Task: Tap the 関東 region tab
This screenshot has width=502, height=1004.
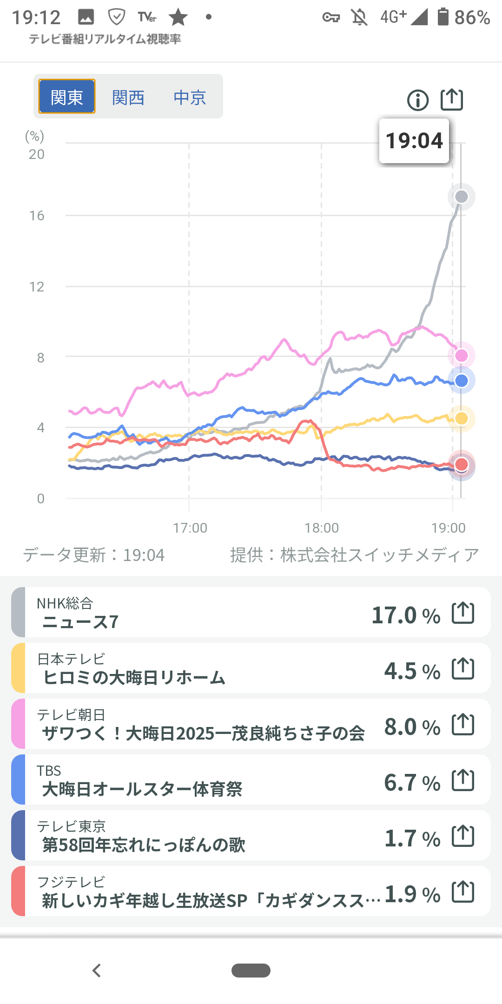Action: pyautogui.click(x=67, y=97)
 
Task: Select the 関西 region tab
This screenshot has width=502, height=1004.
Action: pyautogui.click(x=128, y=97)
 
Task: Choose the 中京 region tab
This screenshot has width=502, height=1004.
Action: pyautogui.click(x=190, y=97)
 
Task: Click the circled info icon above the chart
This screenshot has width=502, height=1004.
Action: pyautogui.click(x=418, y=100)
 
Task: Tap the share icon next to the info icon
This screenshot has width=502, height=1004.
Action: pyautogui.click(x=452, y=99)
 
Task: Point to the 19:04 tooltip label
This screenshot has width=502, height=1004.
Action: pyautogui.click(x=414, y=141)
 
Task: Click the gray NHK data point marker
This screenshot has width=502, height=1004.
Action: pyautogui.click(x=461, y=197)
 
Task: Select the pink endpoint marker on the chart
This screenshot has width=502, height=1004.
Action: pyautogui.click(x=461, y=356)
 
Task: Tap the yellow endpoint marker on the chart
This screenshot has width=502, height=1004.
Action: pyautogui.click(x=461, y=418)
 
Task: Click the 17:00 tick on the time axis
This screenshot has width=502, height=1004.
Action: pyautogui.click(x=190, y=528)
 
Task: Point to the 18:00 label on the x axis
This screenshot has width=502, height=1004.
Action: pyautogui.click(x=322, y=528)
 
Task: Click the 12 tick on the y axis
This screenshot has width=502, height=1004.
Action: pyautogui.click(x=37, y=287)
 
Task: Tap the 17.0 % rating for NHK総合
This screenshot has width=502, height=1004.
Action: pyautogui.click(x=406, y=615)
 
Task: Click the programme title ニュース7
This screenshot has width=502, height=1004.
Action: pyautogui.click(x=81, y=622)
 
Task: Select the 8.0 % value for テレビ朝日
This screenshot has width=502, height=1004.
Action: pyautogui.click(x=412, y=727)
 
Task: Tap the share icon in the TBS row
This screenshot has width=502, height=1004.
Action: pyautogui.click(x=463, y=780)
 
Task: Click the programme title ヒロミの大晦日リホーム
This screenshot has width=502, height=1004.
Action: pyautogui.click(x=134, y=678)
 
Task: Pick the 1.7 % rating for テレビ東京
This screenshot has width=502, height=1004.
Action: pyautogui.click(x=412, y=838)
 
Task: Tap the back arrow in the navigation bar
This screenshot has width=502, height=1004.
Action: pyautogui.click(x=97, y=971)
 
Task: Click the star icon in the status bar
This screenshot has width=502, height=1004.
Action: pyautogui.click(x=178, y=18)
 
